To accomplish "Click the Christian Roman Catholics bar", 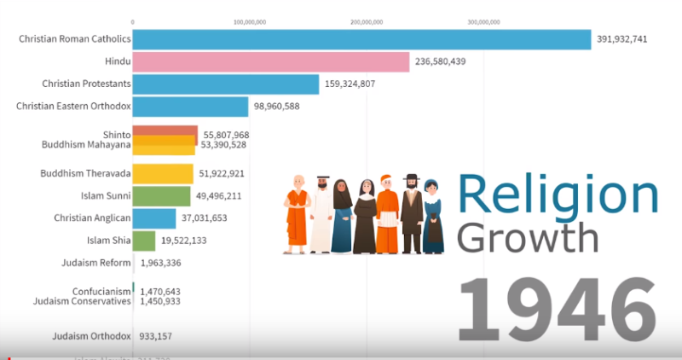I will (361, 39).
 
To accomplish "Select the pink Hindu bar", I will (271, 61).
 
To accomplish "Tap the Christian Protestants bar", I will (226, 84).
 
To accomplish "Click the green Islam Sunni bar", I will (162, 195).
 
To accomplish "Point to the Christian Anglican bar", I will (154, 218).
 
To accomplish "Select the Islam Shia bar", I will (144, 241).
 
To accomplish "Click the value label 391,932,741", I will (624, 39).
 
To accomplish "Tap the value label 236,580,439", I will (440, 61).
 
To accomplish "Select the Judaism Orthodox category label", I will (91, 336).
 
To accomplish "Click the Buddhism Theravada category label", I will (85, 173).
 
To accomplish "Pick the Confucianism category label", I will (101, 291).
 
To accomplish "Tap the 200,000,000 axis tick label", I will (367, 21).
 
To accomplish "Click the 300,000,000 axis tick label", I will (483, 21).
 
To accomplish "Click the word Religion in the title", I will (559, 195).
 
